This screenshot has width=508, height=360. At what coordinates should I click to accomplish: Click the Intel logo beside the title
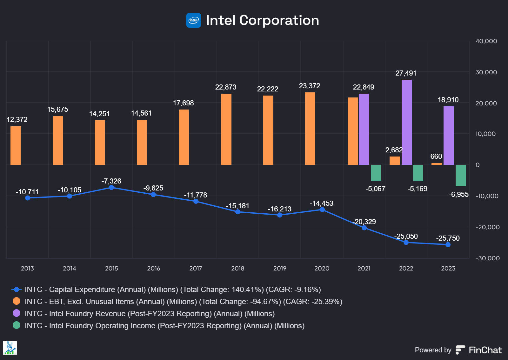point(193,20)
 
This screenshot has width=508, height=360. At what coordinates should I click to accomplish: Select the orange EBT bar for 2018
point(226,129)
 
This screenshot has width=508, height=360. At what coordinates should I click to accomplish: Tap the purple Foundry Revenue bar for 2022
point(407,122)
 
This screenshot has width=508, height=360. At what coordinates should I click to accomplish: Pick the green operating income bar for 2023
point(461,175)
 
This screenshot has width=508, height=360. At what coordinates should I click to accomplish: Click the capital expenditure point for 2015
point(111,188)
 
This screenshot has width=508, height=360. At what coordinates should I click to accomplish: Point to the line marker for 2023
point(448,244)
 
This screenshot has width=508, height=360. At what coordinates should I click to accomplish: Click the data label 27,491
point(406,73)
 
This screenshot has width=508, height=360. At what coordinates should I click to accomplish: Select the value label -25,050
point(406,237)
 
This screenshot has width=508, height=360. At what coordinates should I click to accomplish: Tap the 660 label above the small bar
point(436,157)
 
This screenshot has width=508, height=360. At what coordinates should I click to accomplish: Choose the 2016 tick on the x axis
point(153,269)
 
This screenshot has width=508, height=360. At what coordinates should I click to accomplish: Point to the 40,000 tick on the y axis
point(486,41)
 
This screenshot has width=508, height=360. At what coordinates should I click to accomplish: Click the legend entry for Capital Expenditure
point(173,290)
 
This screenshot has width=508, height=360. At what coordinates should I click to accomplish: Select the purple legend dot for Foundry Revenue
point(17,313)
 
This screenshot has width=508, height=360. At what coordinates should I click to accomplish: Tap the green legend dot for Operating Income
point(17,325)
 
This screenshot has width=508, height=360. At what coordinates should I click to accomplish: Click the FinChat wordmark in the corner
point(485,350)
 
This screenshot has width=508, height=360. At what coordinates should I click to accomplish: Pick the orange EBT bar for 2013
point(16,145)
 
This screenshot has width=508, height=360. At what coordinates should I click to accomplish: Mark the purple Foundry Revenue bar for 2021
point(364,129)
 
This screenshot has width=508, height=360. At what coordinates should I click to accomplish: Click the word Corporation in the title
point(279,20)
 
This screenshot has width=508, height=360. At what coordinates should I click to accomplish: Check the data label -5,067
point(375,189)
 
